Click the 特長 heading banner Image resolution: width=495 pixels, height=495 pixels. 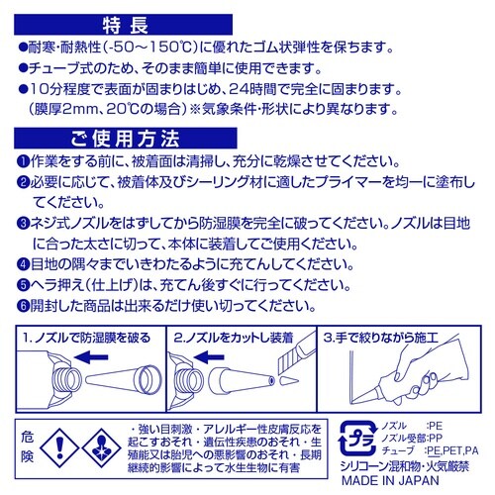tap(123, 25)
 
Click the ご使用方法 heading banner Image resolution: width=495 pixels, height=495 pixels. tap(126, 139)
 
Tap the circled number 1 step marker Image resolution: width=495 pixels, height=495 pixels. tap(23, 161)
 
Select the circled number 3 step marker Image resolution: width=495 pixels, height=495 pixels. tap(23, 224)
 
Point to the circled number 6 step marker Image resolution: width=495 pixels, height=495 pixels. tap(23, 306)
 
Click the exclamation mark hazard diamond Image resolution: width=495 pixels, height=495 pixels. tap(59, 447)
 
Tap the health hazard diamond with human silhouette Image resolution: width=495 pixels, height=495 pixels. tap(102, 447)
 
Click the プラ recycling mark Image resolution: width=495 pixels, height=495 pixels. tap(358, 439)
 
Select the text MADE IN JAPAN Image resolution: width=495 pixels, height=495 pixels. tap(390, 480)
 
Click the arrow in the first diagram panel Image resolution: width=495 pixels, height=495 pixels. tap(91, 357)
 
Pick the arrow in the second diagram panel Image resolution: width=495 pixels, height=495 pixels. tap(209, 357)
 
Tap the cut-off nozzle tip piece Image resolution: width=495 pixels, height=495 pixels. tap(289, 380)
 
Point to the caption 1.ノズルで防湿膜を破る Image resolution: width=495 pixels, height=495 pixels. tap(86, 338)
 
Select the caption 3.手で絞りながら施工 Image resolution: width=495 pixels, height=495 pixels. tap(380, 338)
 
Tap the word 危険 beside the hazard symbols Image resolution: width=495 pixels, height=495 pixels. tap(28, 447)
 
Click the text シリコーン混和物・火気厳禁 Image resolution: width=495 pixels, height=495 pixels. tap(405, 466)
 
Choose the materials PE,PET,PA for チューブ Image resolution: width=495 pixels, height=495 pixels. tap(452, 450)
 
